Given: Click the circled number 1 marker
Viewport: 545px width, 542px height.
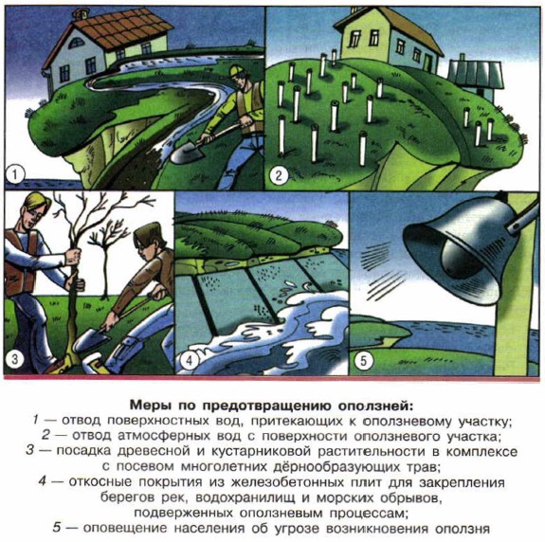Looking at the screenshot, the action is (x=14, y=174).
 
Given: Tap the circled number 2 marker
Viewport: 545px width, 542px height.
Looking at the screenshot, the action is (x=279, y=175).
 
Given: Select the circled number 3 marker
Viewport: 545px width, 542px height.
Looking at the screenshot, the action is (x=14, y=358).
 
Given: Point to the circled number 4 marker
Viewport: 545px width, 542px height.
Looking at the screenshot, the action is (x=190, y=359).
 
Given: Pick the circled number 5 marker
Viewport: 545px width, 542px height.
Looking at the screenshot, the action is (x=364, y=360).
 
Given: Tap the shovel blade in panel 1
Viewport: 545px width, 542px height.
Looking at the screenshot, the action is (x=185, y=152).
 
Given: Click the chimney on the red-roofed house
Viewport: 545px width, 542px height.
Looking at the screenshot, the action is (x=81, y=13).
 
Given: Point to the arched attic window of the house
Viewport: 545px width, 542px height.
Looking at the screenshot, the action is (x=77, y=43).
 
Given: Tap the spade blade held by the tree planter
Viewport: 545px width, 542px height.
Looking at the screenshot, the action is (x=91, y=339).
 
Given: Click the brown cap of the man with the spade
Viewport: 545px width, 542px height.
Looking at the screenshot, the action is (x=147, y=232).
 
